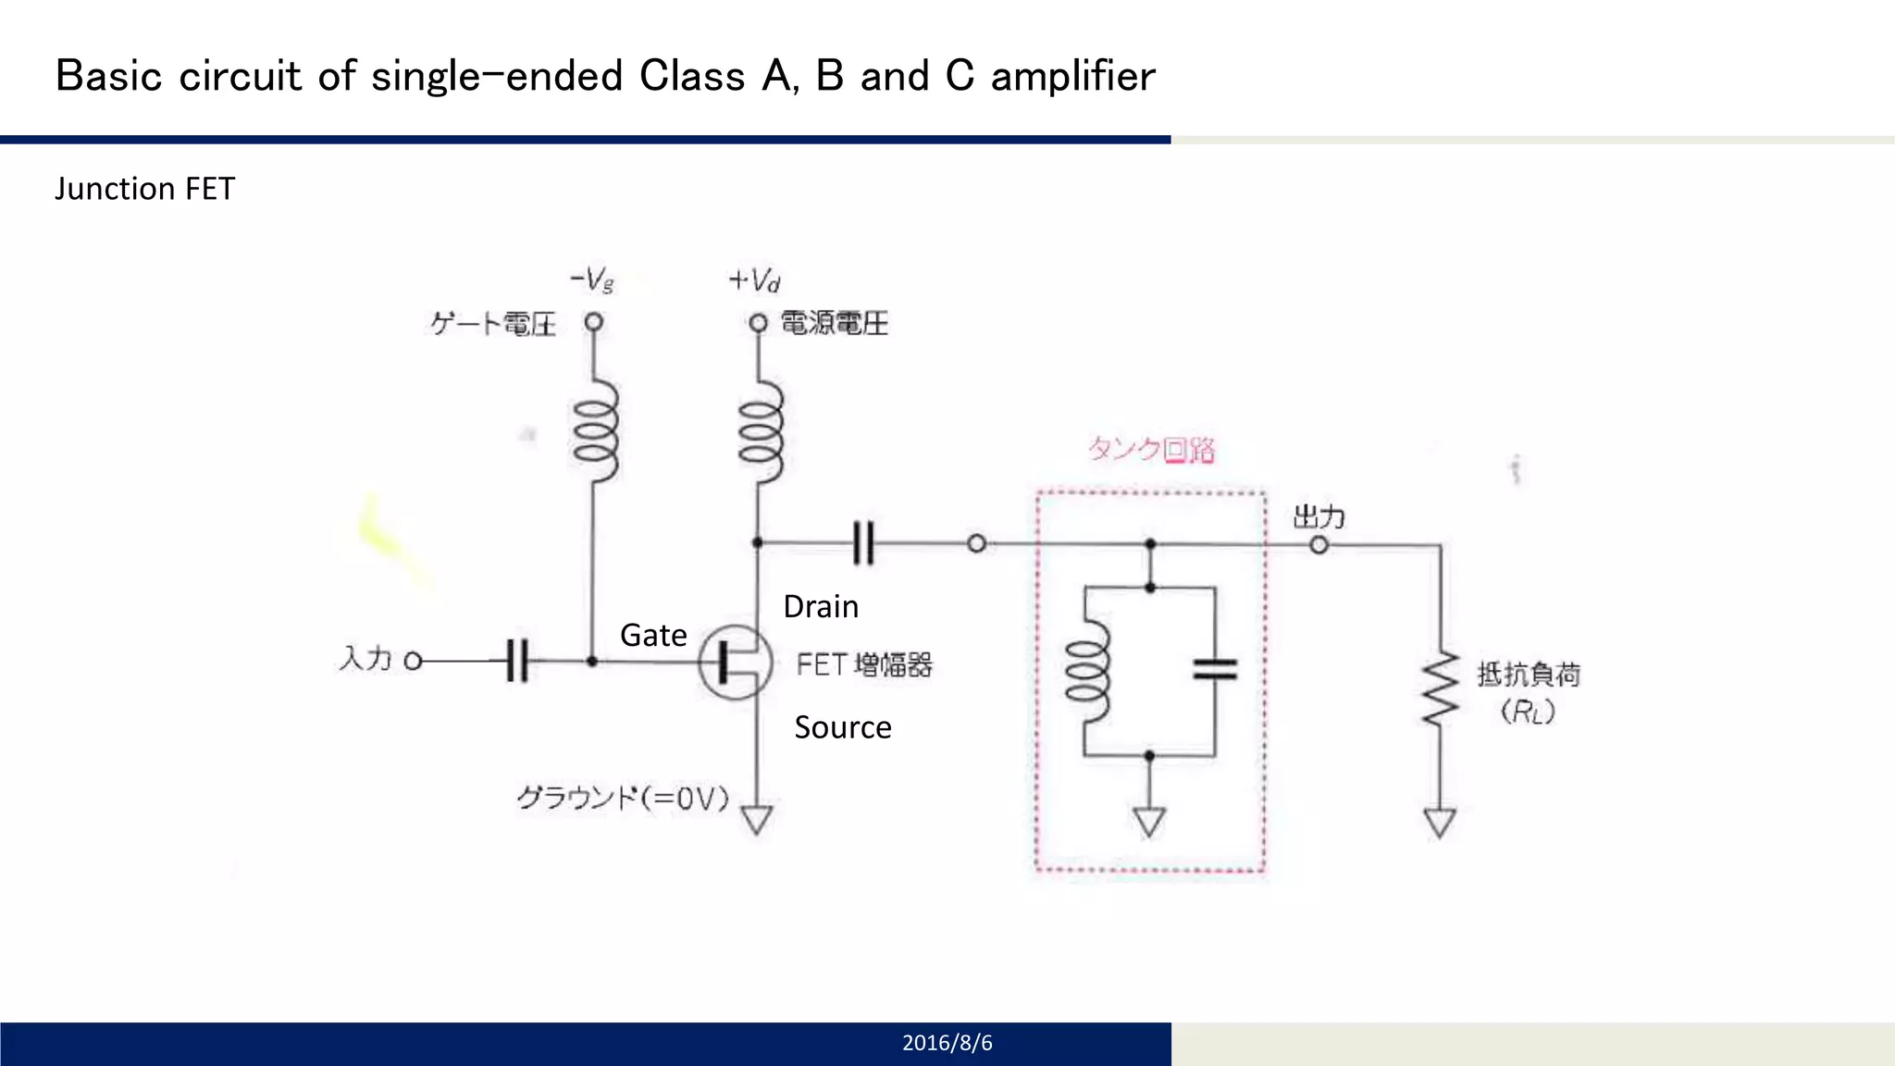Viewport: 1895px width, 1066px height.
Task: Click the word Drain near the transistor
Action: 821,607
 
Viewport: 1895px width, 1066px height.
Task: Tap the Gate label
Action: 653,636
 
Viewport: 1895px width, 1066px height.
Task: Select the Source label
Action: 842,727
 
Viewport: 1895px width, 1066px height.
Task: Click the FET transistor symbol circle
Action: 735,662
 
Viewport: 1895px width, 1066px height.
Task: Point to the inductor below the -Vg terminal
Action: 595,430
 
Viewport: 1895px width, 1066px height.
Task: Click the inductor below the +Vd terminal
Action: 761,430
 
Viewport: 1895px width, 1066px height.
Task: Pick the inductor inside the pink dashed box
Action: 1087,671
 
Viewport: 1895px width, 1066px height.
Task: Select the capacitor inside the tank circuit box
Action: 1215,669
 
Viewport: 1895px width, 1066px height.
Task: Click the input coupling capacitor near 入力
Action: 518,661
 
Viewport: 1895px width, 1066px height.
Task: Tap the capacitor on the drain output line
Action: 862,543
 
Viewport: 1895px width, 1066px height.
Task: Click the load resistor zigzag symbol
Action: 1440,689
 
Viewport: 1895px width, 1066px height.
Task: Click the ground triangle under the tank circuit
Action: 1149,822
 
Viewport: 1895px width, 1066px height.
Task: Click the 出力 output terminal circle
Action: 1319,545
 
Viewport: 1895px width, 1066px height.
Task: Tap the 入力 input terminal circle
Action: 414,661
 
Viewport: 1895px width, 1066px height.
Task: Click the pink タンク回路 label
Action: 1151,450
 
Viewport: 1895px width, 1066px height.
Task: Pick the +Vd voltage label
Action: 754,280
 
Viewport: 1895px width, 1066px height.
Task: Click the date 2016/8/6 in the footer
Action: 947,1043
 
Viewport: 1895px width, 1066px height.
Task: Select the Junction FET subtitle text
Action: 144,189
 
